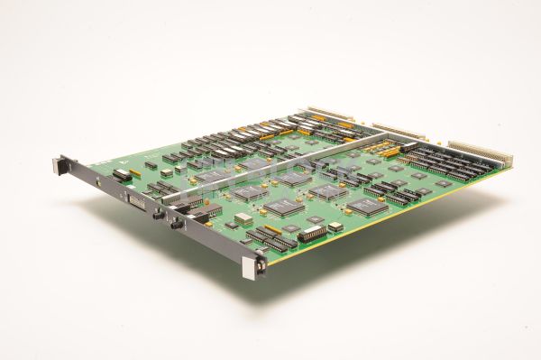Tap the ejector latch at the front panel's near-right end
coord(260,263)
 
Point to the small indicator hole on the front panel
coord(97,181)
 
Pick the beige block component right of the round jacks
coord(243,218)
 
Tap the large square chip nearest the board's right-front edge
coord(369,206)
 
